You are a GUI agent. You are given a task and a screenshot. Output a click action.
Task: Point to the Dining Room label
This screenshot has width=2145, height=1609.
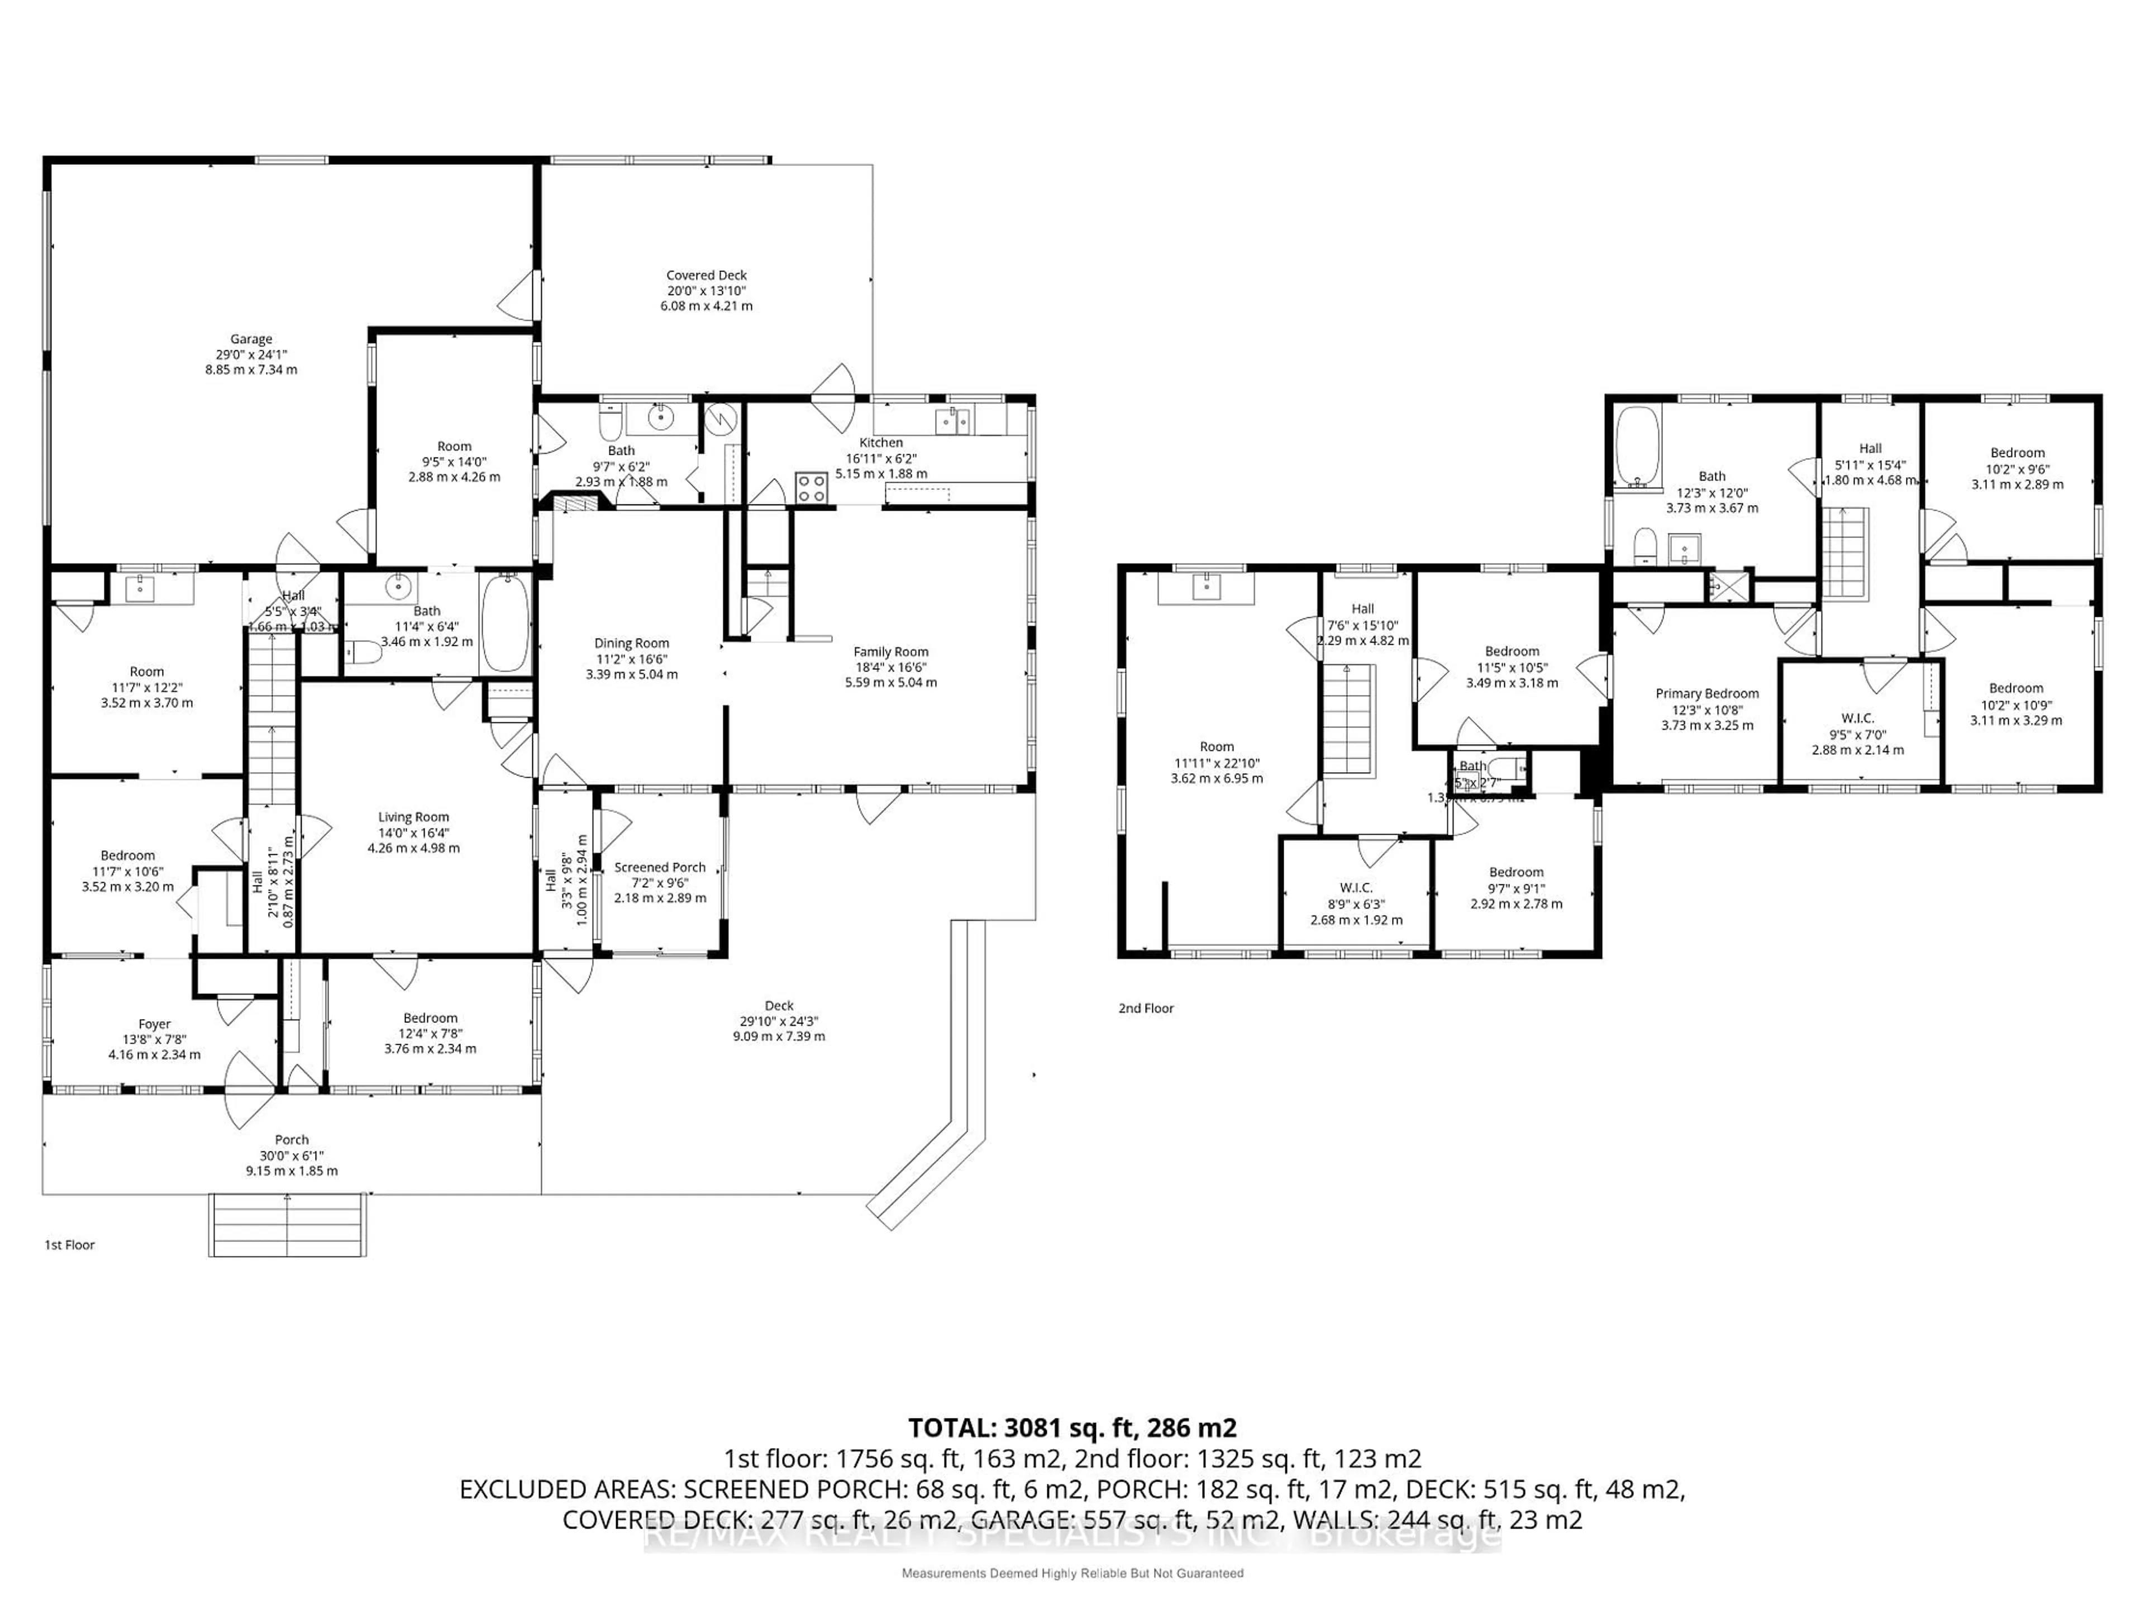(631, 643)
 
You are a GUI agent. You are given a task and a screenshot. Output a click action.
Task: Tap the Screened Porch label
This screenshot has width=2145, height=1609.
(659, 867)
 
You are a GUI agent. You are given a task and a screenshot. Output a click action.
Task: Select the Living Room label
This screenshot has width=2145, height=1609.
(413, 817)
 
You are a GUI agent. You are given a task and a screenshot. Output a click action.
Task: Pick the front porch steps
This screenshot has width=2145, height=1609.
(287, 1225)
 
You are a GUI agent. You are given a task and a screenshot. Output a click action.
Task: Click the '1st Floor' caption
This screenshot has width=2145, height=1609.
(70, 1244)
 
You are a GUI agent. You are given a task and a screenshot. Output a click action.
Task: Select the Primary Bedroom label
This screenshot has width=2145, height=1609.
(1707, 693)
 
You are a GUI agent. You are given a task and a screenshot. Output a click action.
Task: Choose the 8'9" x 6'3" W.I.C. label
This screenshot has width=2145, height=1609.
(1356, 887)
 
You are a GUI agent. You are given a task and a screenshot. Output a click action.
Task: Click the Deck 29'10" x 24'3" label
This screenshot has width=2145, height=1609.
(779, 1006)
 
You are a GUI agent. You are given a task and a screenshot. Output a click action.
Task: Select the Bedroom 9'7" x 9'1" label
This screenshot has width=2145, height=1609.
(1515, 872)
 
